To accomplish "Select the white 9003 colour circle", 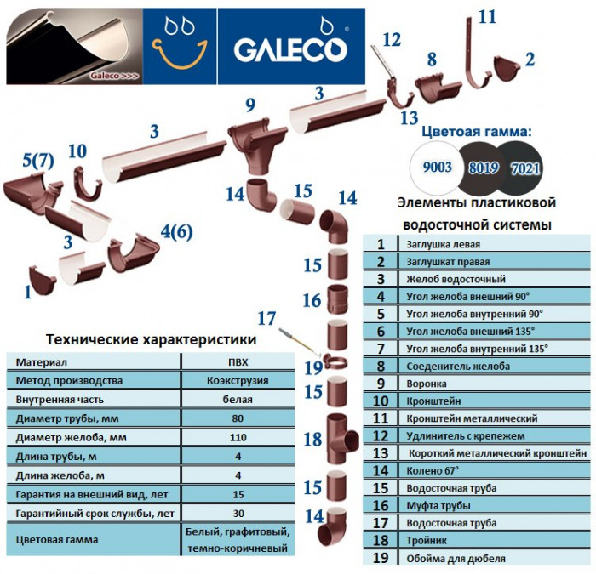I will click(x=432, y=168).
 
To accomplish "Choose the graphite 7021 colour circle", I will click(x=524, y=168).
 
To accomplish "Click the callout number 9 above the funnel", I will click(x=249, y=105).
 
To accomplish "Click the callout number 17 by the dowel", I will click(x=267, y=319).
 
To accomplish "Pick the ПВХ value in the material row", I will click(x=239, y=361).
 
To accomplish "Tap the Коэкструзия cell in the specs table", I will click(x=239, y=380).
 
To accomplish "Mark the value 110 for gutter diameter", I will click(x=239, y=438).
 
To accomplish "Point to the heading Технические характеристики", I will click(x=151, y=338).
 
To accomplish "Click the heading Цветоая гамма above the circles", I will click(x=478, y=132).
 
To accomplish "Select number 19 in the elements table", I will click(x=381, y=558).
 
